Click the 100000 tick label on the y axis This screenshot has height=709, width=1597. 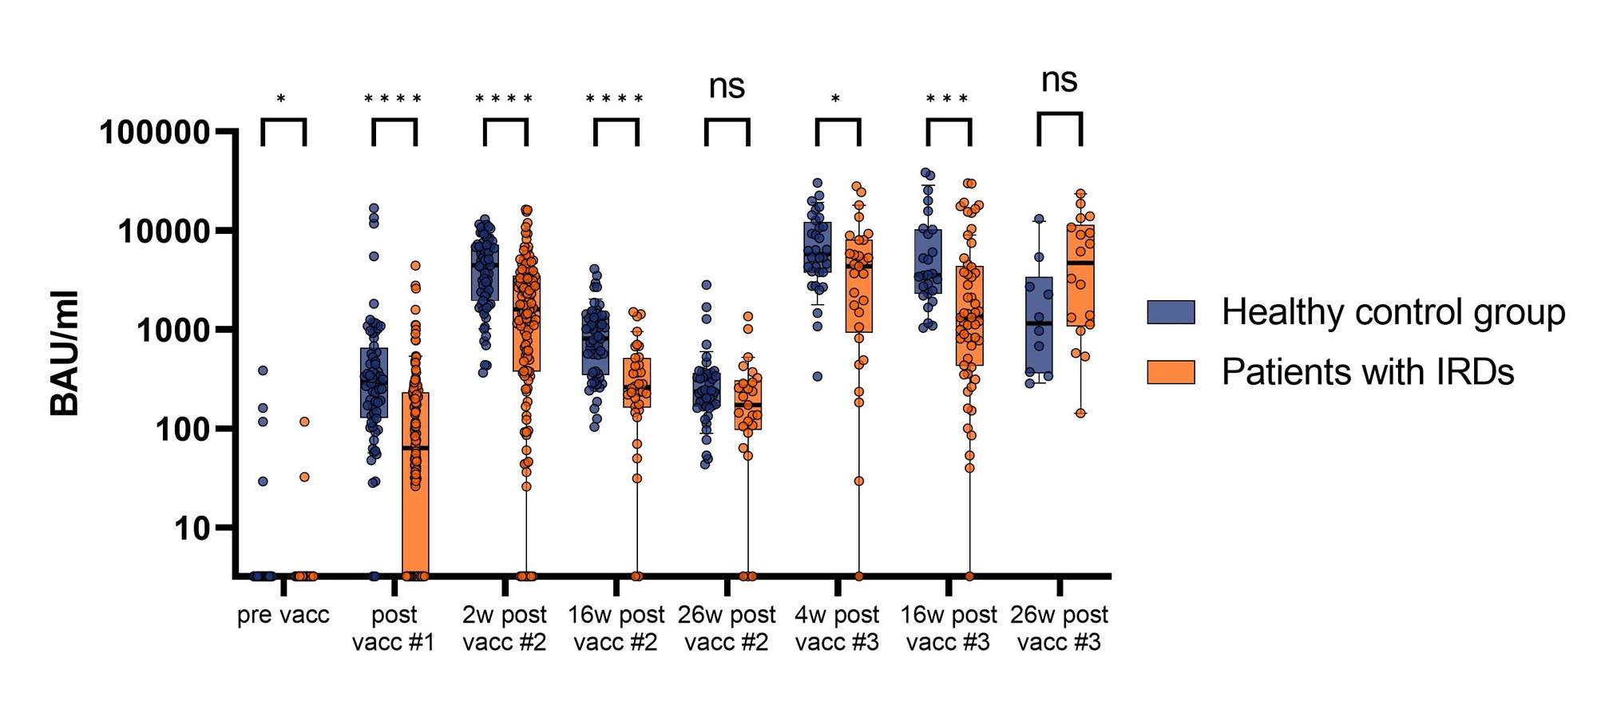[x=154, y=133]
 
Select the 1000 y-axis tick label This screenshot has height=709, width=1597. [x=172, y=330]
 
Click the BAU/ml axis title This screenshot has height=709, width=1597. [x=65, y=353]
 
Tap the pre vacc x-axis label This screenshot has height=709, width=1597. [x=283, y=616]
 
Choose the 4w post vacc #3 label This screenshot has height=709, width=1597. [x=837, y=628]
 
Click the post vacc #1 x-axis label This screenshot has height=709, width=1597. [x=394, y=628]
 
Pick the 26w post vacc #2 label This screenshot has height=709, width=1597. [x=727, y=628]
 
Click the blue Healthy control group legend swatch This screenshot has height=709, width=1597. [x=1171, y=312]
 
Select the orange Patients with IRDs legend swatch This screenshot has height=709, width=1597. [x=1171, y=372]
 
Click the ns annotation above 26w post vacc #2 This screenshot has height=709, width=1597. [x=727, y=86]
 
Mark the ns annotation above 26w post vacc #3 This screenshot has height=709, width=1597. [x=1060, y=80]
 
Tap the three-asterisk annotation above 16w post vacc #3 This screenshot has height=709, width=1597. [x=948, y=100]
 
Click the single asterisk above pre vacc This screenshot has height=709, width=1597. [x=281, y=100]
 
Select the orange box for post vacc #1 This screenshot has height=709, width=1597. [x=415, y=479]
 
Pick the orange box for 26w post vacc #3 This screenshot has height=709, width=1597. [x=1080, y=275]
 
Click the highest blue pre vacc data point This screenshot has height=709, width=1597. [x=263, y=370]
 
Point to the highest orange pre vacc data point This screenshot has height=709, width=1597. [x=304, y=422]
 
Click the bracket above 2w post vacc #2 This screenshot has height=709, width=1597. [x=505, y=122]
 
